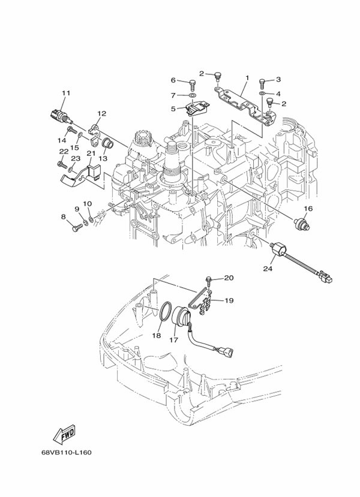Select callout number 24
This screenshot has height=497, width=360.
coord(268,269)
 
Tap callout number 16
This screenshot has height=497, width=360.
coord(308,209)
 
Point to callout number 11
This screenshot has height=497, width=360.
coord(66,93)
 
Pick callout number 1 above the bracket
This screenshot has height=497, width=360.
coord(247,78)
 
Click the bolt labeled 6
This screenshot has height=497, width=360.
coord(193,84)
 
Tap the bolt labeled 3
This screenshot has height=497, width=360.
coord(262,83)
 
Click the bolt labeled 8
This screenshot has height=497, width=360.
coord(77,227)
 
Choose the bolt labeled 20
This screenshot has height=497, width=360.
coord(208,280)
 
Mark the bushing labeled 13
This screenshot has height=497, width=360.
coord(107,144)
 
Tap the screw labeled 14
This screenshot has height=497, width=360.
coord(71,129)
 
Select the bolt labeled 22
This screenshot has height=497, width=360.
coord(62,164)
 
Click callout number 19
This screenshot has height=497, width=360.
coord(229,300)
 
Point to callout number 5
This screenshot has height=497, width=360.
coord(173,109)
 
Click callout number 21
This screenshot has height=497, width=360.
coord(91,153)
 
